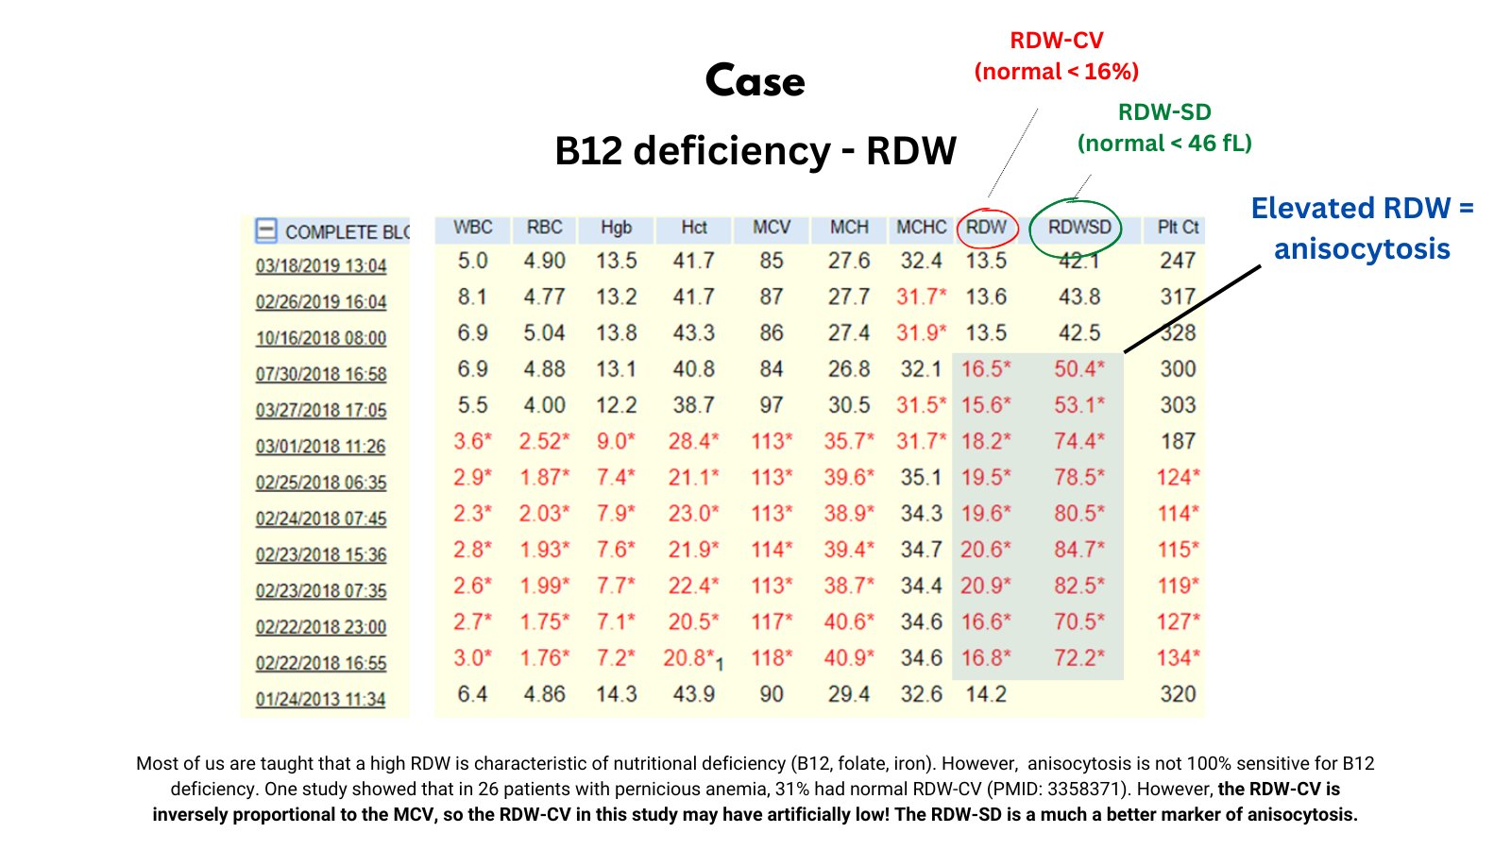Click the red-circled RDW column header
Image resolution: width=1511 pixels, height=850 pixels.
(x=986, y=228)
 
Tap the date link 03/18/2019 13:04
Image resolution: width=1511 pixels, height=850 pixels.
(x=321, y=266)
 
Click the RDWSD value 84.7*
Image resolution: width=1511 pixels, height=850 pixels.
(x=1078, y=550)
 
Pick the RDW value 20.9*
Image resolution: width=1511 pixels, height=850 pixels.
(x=986, y=586)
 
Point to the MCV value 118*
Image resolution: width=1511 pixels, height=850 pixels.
(x=772, y=658)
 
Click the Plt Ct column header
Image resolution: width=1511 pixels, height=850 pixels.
(x=1178, y=228)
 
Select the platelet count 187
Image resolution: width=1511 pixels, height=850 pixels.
(x=1178, y=441)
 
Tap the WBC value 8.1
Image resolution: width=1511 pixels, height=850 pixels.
(x=472, y=297)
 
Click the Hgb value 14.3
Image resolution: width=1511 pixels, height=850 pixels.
(x=616, y=694)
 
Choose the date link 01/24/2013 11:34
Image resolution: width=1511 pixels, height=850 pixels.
(x=321, y=700)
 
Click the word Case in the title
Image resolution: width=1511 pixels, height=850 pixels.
(x=755, y=81)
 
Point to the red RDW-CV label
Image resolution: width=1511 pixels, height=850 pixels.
(x=1056, y=41)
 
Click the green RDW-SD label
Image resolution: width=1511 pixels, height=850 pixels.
(x=1164, y=112)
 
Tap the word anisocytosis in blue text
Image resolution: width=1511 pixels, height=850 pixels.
(x=1362, y=249)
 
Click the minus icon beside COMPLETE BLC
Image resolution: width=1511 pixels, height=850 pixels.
(x=266, y=230)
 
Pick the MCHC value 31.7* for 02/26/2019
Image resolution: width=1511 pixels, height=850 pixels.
(x=921, y=297)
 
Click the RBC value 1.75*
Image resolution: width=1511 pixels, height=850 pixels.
(x=544, y=622)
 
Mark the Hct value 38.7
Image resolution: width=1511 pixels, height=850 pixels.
(x=693, y=405)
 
